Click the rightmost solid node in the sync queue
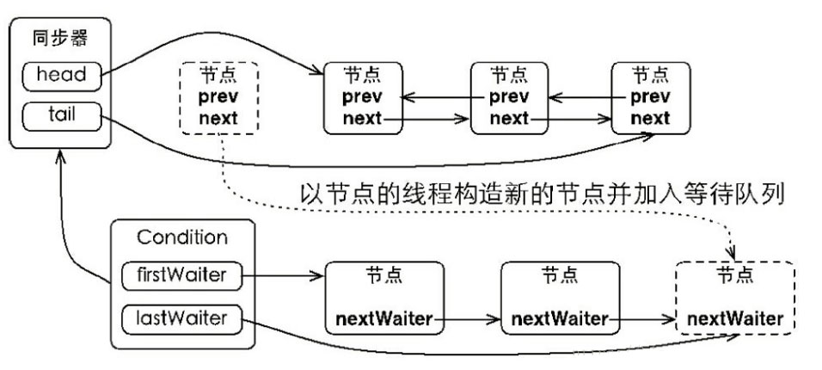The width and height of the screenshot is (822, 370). (651, 96)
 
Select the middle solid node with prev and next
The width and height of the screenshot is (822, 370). (509, 96)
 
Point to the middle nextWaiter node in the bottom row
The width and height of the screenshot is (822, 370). (559, 299)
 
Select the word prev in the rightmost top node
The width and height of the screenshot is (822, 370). (651, 97)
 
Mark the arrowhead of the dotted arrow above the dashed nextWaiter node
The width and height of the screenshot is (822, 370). (732, 253)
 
